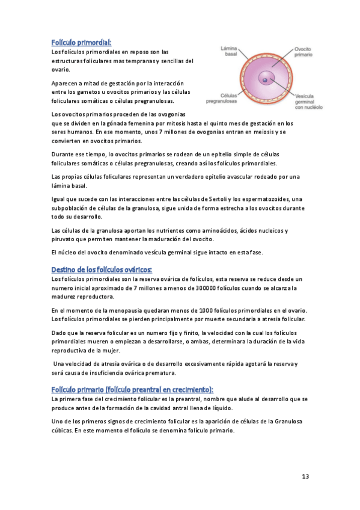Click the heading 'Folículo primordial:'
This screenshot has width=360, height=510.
coord(81,42)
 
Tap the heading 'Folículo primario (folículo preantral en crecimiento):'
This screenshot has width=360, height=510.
coord(132,389)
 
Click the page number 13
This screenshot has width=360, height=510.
coord(305,476)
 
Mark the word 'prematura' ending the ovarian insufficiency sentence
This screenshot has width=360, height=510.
coord(157,373)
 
